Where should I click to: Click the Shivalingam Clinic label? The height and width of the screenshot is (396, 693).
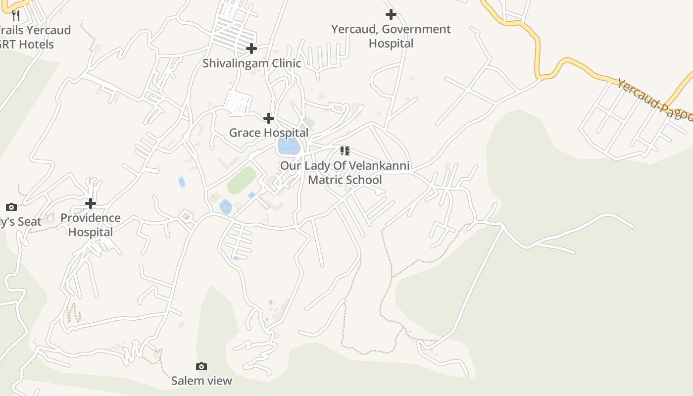click(251, 63)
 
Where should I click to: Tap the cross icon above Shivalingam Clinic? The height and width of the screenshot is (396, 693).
click(251, 49)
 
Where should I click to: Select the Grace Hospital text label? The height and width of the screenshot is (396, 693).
click(268, 133)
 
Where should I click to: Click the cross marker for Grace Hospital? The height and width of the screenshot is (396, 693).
click(269, 118)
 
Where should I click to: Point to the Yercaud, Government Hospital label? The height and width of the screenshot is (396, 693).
click(391, 36)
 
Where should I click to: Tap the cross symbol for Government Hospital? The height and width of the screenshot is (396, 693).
click(391, 14)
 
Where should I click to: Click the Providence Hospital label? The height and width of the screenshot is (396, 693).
click(91, 225)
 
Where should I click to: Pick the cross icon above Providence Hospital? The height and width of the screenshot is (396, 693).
click(91, 203)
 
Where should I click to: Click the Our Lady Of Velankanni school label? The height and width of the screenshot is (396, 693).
click(345, 172)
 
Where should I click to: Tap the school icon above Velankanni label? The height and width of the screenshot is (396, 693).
click(345, 150)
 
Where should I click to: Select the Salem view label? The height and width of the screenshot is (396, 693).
click(201, 381)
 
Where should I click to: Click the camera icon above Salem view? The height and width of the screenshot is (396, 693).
click(201, 367)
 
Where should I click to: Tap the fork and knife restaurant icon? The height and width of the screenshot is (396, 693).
click(16, 15)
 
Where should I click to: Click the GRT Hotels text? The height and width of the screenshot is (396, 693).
click(27, 44)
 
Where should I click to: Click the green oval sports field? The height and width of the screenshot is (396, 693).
click(242, 181)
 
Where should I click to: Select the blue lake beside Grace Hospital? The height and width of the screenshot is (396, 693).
click(289, 146)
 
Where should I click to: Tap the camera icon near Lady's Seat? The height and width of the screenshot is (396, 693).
click(11, 207)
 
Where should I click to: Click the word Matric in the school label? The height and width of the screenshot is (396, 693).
click(325, 180)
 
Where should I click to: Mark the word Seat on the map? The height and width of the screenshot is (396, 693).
click(29, 222)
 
